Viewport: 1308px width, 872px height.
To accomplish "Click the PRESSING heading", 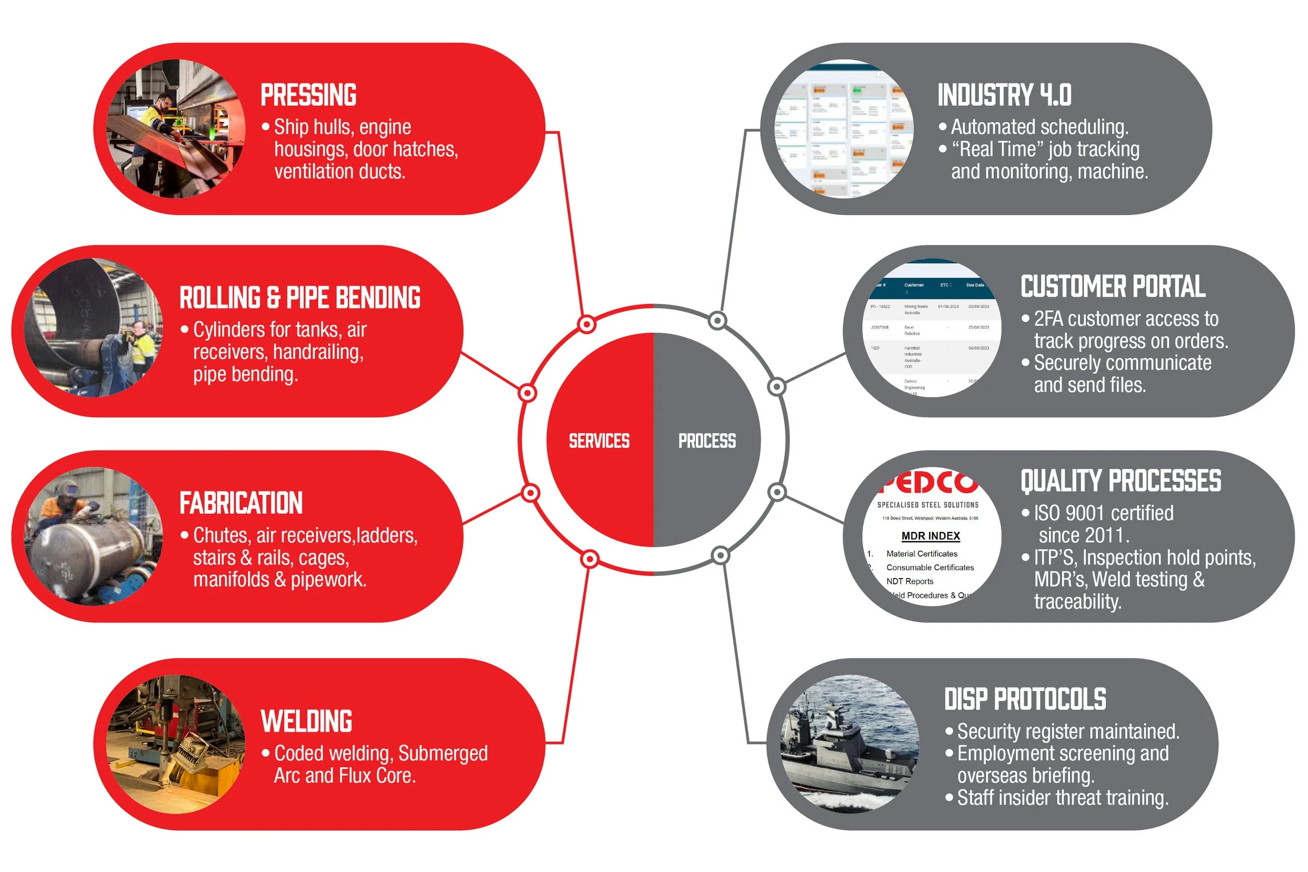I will click(309, 95).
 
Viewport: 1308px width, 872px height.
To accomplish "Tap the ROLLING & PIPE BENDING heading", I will click(300, 298).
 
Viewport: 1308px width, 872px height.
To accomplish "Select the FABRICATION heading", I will click(241, 503).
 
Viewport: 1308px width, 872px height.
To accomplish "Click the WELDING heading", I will click(307, 721).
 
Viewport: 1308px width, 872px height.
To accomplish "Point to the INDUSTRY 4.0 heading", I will click(1005, 95).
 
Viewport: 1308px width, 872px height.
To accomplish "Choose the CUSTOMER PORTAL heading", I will click(1113, 287).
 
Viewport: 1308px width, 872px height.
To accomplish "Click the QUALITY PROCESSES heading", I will click(1121, 481).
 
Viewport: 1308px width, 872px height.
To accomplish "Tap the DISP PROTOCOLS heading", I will click(1025, 699).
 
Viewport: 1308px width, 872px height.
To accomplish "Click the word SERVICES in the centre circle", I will click(599, 441).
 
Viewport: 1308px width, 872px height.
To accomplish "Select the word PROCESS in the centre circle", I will click(707, 441).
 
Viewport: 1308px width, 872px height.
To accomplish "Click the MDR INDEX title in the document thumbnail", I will click(930, 536).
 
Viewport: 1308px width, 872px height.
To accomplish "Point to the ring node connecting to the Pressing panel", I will click(587, 324).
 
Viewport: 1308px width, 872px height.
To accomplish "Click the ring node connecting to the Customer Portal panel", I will click(776, 387).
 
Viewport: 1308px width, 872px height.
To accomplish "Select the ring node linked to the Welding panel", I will click(590, 558).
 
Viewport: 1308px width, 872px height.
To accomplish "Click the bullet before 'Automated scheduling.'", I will click(943, 127).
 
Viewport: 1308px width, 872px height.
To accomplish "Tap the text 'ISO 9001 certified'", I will click(1103, 513).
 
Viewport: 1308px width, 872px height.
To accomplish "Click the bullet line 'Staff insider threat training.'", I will click(1062, 798).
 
